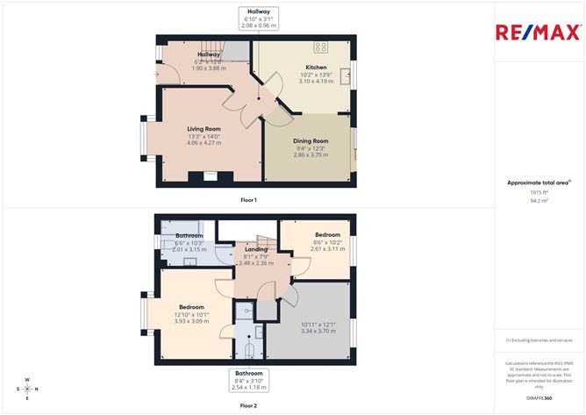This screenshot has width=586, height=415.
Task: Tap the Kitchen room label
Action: pyautogui.click(x=316, y=67)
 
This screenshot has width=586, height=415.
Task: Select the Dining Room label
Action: pyautogui.click(x=311, y=140)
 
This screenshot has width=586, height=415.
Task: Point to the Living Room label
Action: pyautogui.click(x=204, y=129)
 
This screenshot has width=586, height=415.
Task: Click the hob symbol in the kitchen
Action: pyautogui.click(x=320, y=47)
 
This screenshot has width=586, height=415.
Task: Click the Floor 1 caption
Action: pyautogui.click(x=249, y=200)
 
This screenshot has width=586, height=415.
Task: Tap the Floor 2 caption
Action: pyautogui.click(x=249, y=405)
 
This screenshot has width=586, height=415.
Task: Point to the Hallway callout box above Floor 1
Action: pyautogui.click(x=258, y=18)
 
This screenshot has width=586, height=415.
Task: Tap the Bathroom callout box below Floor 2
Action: pyautogui.click(x=249, y=379)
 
